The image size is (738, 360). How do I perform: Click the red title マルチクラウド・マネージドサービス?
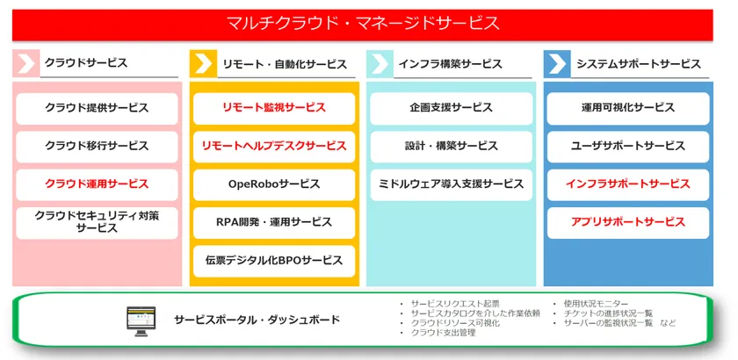[x=362, y=23]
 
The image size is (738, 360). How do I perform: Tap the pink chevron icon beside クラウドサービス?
[x=25, y=63]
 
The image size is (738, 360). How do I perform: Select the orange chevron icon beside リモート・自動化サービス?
[x=203, y=63]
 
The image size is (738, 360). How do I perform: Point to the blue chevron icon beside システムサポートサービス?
[x=557, y=63]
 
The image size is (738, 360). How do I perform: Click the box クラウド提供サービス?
[x=97, y=108]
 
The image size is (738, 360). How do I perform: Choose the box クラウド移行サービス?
[x=97, y=147]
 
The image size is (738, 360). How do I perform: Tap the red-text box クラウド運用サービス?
[x=97, y=184]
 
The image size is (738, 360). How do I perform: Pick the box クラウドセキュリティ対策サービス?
[x=97, y=223]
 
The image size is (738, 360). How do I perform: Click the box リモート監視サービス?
[x=274, y=108]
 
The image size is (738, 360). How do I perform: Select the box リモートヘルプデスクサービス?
[x=274, y=147]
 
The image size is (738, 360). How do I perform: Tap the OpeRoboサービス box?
[x=274, y=184]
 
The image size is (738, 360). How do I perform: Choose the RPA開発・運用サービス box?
[x=274, y=223]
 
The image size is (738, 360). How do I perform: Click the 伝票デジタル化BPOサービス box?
[x=274, y=261]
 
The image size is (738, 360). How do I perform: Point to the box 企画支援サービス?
[x=451, y=108]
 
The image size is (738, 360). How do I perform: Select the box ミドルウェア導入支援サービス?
[x=451, y=184]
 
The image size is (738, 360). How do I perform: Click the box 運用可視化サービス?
[x=628, y=108]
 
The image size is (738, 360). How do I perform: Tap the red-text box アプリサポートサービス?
[x=628, y=223]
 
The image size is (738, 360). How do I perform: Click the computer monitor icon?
[x=141, y=321]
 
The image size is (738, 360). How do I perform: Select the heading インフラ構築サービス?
[x=450, y=64]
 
